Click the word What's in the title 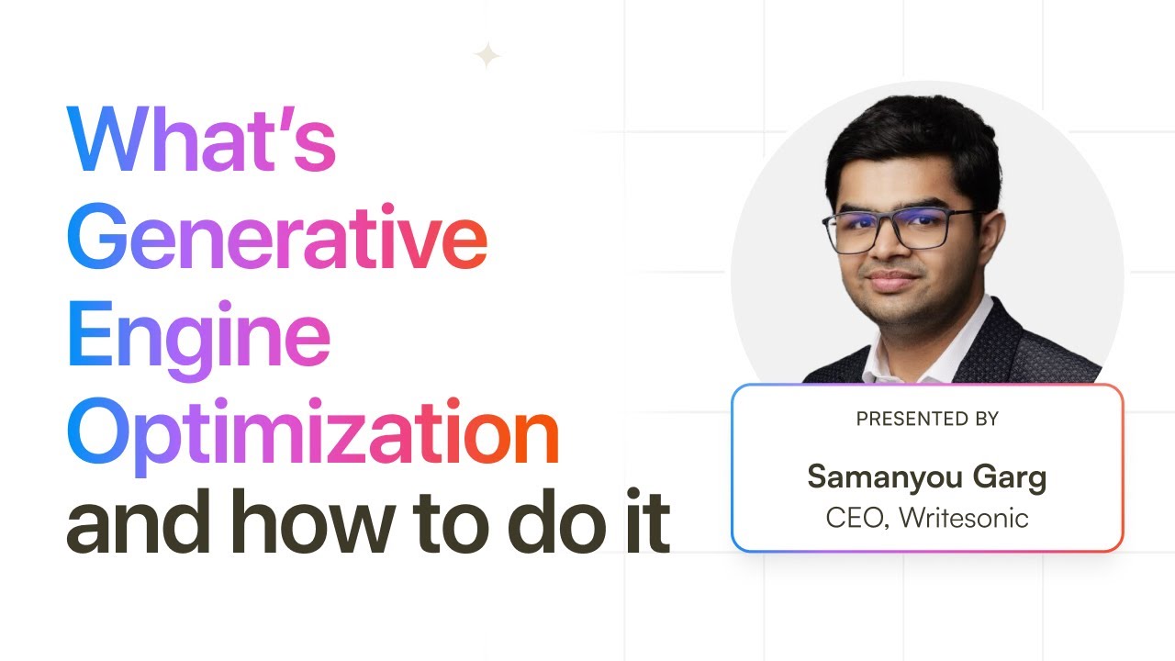pyautogui.click(x=201, y=140)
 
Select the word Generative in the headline pyautogui.click(x=276, y=238)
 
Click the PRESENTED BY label pyautogui.click(x=927, y=420)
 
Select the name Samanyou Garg pyautogui.click(x=927, y=477)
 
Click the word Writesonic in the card pyautogui.click(x=964, y=518)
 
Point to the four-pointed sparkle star pyautogui.click(x=487, y=57)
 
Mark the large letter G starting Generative pyautogui.click(x=96, y=238)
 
